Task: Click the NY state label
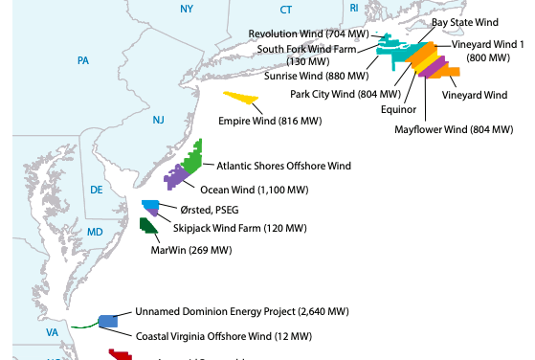pos(186,9)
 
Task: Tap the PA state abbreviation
pos(83,60)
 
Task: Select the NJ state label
pos(158,120)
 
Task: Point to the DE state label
pos(97,190)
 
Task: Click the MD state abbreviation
pos(95,233)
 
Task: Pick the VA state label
pos(53,333)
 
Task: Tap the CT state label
pos(286,9)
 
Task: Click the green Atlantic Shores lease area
pos(194,156)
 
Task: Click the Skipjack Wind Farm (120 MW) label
pos(240,228)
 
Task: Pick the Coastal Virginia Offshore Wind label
pos(224,336)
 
